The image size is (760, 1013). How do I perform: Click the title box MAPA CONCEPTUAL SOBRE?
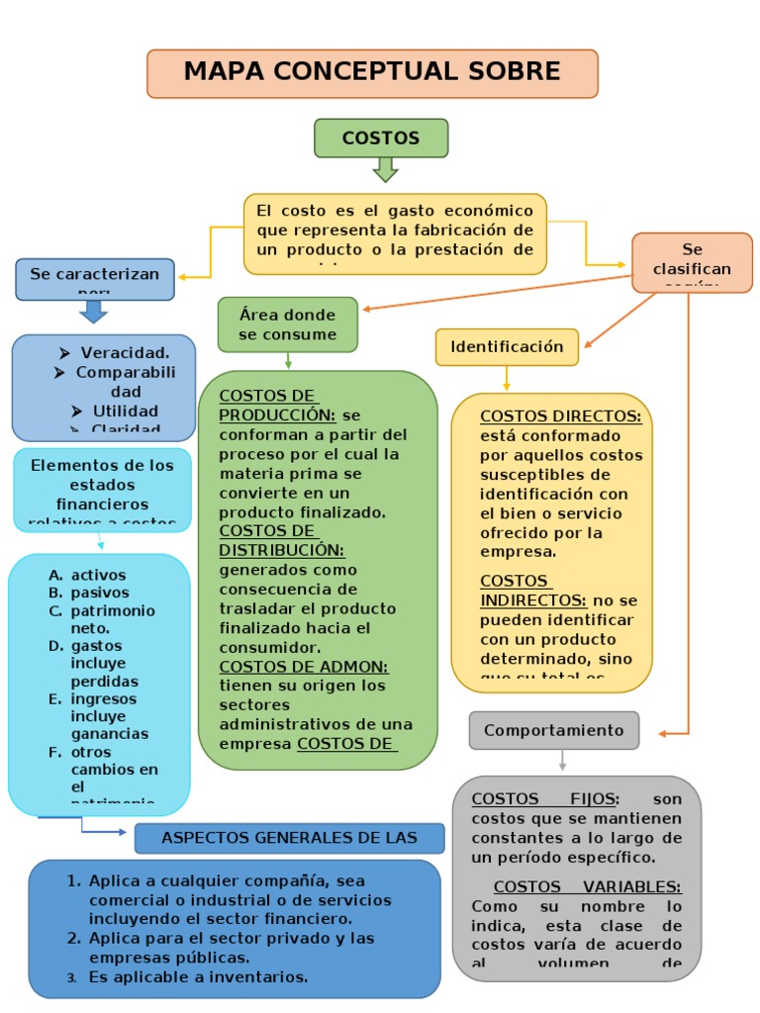(372, 73)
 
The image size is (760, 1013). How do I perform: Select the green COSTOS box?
(381, 138)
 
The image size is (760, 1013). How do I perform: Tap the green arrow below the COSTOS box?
(385, 170)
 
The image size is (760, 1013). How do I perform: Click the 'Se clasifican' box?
(692, 262)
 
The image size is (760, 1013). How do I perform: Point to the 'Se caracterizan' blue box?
(94, 278)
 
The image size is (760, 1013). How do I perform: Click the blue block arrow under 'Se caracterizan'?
(94, 313)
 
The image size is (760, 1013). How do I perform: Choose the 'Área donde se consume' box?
(287, 324)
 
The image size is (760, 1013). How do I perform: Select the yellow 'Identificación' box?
(507, 347)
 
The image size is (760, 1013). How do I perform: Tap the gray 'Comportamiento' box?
(554, 730)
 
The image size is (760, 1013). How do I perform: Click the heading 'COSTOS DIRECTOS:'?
(560, 416)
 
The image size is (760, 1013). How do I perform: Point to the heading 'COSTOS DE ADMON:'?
(304, 667)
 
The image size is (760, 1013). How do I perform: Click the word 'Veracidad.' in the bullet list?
(125, 353)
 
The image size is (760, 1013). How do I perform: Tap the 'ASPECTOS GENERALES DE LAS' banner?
(289, 838)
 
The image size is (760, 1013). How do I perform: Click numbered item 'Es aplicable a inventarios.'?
(198, 976)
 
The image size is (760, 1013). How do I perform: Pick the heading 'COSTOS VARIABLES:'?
(587, 887)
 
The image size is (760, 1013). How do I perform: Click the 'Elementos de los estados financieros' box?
(102, 490)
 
